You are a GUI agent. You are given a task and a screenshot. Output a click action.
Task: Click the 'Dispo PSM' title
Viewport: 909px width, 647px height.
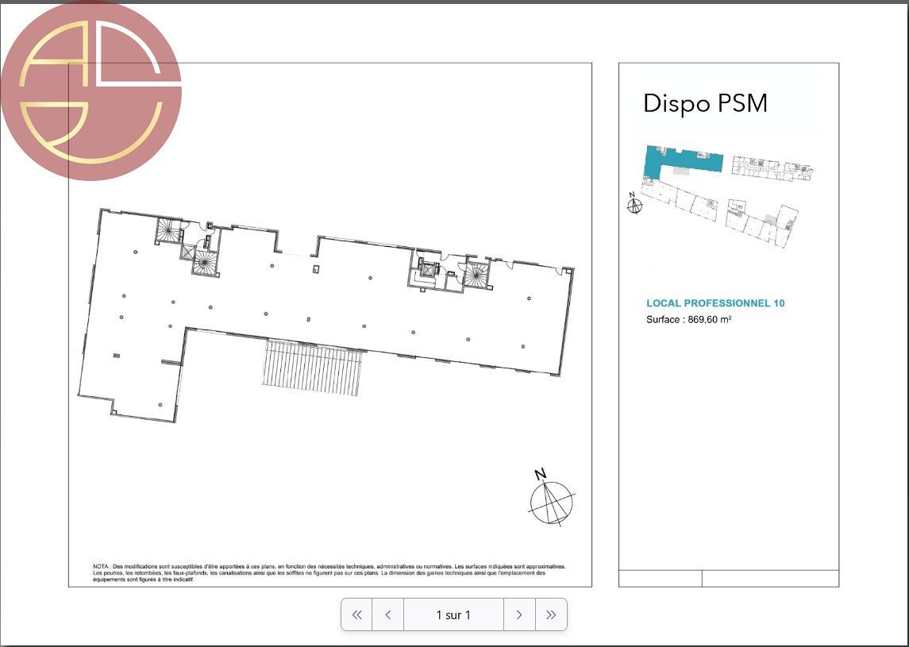[x=705, y=103]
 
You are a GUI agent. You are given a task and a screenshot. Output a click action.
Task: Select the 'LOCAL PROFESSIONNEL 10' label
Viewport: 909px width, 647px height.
[x=715, y=303]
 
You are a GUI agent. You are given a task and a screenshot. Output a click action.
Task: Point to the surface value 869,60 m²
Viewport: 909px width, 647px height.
[x=709, y=319]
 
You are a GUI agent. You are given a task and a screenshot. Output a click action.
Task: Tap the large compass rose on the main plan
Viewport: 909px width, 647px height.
[x=550, y=503]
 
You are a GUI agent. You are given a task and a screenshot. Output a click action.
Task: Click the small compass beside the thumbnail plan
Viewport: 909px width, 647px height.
[x=634, y=206]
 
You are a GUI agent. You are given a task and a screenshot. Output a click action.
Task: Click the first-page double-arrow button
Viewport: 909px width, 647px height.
[x=357, y=614]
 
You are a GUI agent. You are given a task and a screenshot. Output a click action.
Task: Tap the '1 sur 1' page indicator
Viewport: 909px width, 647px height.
[x=453, y=614]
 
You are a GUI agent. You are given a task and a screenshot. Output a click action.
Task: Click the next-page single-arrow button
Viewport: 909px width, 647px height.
[x=519, y=614]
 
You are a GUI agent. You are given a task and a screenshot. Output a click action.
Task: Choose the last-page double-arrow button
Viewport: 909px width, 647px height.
[x=551, y=614]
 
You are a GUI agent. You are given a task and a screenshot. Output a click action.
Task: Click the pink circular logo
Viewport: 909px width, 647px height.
[x=91, y=90]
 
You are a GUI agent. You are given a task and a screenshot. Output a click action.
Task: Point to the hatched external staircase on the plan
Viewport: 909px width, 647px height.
[x=311, y=368]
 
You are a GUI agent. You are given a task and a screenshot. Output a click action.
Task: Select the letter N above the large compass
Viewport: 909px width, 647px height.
[x=541, y=475]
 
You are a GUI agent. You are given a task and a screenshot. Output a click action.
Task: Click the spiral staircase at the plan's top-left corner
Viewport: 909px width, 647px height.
[x=168, y=231]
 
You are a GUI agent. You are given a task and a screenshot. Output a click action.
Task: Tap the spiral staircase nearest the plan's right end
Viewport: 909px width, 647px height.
[x=477, y=276]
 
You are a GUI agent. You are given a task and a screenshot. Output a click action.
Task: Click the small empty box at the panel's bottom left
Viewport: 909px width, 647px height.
[x=660, y=578]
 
